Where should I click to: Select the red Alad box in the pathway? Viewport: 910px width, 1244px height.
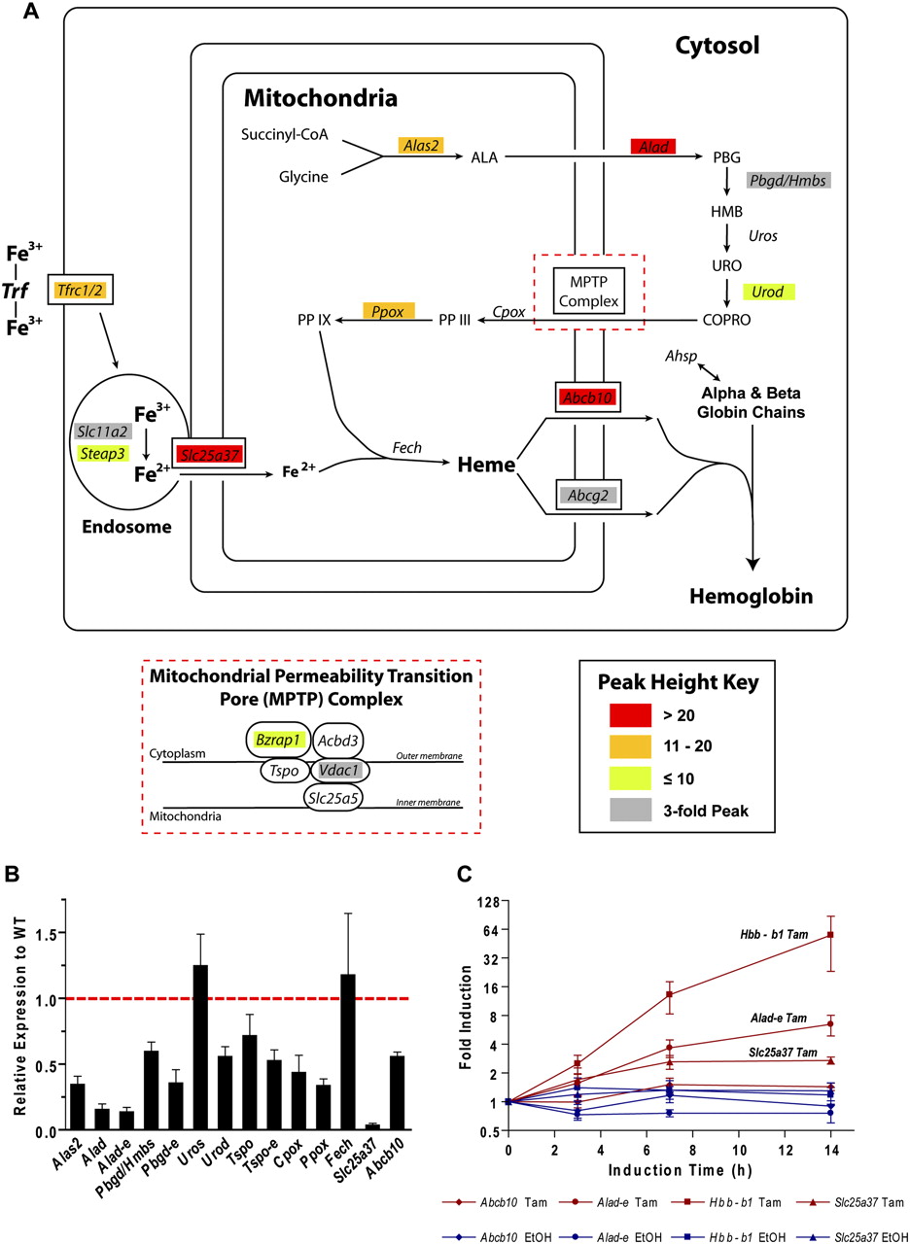[652, 146]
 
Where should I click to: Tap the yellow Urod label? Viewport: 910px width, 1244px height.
[768, 292]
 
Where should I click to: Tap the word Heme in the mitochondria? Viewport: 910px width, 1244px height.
[485, 466]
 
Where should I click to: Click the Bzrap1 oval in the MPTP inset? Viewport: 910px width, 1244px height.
[277, 740]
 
